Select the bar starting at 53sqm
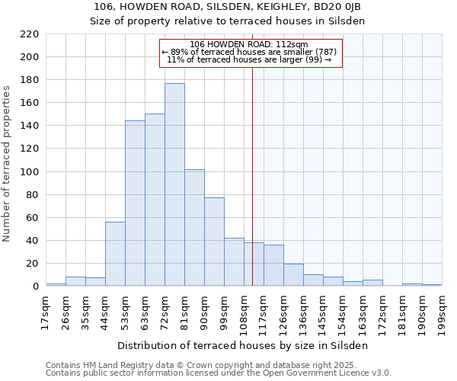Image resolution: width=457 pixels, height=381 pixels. tap(135, 203)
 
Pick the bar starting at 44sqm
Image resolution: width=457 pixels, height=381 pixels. tap(115, 254)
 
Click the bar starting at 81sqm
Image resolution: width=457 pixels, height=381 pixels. tap(194, 228)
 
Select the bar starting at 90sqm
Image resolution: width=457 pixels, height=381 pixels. tap(214, 242)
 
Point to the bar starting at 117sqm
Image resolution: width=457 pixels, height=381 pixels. tap(273, 265)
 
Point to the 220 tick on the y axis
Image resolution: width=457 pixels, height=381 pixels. tap(30, 34)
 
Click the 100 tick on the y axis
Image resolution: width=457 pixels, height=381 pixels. tap(30, 172)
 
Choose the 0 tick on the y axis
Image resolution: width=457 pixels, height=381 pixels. tap(35, 287)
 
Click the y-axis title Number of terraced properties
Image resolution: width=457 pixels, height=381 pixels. tap(8, 164)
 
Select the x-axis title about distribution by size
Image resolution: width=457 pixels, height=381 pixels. tap(243, 345)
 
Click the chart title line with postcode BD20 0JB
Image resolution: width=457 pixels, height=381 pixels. tap(228, 7)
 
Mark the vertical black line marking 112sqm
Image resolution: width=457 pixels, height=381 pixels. tap(252, 175)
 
